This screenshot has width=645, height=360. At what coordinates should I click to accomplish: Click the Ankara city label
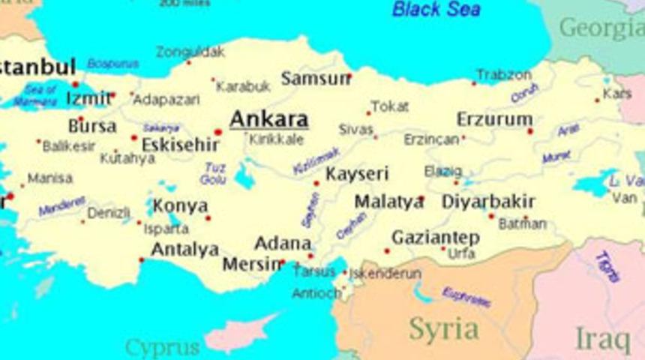[x=268, y=119]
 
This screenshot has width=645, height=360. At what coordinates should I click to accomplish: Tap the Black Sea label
[x=436, y=10]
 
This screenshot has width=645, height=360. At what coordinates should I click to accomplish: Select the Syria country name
[x=444, y=328]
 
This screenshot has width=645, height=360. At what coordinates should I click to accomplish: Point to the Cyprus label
[x=163, y=347]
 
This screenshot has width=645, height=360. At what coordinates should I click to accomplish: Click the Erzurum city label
[x=494, y=119]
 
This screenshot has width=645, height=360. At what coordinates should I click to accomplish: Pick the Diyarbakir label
[x=487, y=201]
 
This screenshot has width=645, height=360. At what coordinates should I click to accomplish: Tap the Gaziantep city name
[x=435, y=237]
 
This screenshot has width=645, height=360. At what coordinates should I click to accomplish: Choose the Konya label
[x=180, y=205]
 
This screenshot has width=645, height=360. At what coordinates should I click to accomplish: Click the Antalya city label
[x=184, y=248]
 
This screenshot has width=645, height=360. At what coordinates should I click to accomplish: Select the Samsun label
[x=315, y=78]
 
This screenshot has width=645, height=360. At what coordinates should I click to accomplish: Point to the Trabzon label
[x=503, y=75]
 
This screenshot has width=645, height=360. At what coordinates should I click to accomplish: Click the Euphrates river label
[x=466, y=297]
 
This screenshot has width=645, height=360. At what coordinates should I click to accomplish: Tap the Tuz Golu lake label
[x=213, y=174]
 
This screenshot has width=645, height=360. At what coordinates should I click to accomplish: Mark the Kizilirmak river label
[x=316, y=160]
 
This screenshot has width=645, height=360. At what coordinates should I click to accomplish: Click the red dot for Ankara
[x=218, y=132]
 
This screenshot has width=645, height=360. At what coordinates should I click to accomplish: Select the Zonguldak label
[x=190, y=52]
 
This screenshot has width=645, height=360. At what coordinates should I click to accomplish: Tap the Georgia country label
[x=601, y=28]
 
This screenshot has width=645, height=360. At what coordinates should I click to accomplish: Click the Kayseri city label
[x=357, y=174]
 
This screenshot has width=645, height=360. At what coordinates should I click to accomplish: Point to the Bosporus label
[x=112, y=64]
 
